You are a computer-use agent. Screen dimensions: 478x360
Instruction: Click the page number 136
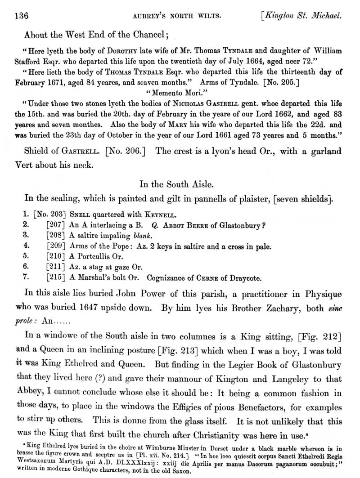coord(22,16)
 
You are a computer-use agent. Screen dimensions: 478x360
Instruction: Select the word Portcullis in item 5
coord(99,257)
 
